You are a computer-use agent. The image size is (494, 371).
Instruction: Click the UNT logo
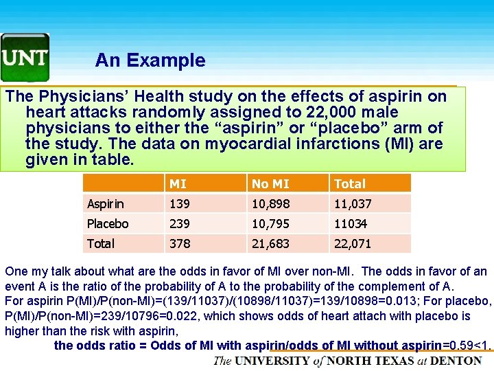(25, 57)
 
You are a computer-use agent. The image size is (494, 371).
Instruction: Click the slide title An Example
(150, 60)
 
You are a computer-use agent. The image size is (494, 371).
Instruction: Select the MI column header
(178, 183)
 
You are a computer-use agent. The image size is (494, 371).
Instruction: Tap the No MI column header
(270, 183)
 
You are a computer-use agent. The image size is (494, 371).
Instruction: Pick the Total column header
(350, 183)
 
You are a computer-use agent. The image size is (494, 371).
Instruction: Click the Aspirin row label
(106, 203)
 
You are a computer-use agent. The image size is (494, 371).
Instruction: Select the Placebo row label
(108, 223)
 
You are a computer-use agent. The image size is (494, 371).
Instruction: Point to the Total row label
(101, 243)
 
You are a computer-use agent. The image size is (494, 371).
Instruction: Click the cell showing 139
(180, 203)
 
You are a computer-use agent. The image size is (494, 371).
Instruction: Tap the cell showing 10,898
(270, 203)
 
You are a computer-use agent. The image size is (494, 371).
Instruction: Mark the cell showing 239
(180, 223)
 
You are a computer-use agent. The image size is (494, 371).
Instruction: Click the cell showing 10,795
(270, 223)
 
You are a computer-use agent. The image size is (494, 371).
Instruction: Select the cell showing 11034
(351, 223)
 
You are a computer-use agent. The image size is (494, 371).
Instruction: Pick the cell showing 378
(180, 243)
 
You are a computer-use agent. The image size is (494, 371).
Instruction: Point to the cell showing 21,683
(270, 243)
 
